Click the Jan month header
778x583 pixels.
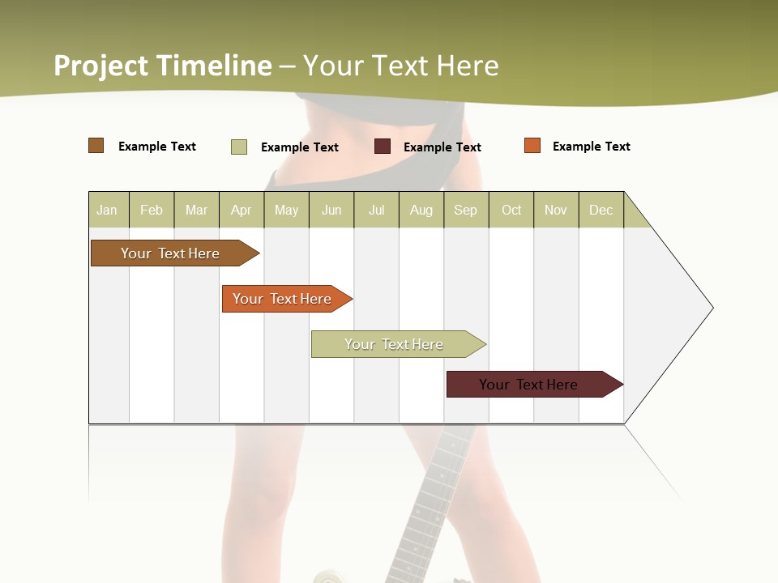(107, 210)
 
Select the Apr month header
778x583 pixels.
(241, 210)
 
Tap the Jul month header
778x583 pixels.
(376, 210)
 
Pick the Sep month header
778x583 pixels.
(465, 210)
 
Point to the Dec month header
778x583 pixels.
(601, 210)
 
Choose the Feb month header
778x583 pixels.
(152, 210)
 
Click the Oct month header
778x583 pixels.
(511, 210)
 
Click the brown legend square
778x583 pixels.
(96, 146)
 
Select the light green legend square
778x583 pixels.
(238, 147)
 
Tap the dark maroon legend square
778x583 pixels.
(383, 147)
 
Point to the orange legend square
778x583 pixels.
(532, 146)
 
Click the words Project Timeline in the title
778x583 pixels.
(163, 66)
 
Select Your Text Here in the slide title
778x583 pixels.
(400, 66)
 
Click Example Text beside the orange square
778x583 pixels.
(591, 147)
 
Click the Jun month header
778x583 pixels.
(331, 210)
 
